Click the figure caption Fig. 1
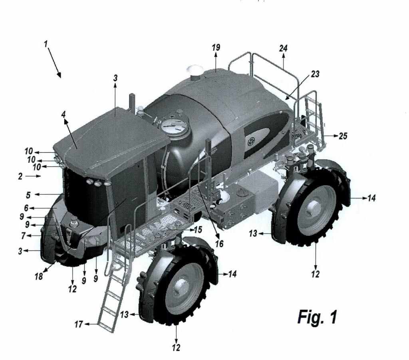coord(317,317)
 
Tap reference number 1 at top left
coord(46,44)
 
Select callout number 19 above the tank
coord(216,47)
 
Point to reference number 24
coord(283,48)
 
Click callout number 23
coord(315,74)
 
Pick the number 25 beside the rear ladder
coord(343,136)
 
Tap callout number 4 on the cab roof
coord(64,114)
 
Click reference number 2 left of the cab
coord(20,176)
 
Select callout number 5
coord(28,195)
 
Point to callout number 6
coord(26,208)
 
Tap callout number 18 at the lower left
coord(39,276)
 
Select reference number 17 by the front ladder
coord(79,324)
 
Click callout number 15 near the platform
coord(198,229)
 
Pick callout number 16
coord(219,243)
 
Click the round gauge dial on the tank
coord(173,127)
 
